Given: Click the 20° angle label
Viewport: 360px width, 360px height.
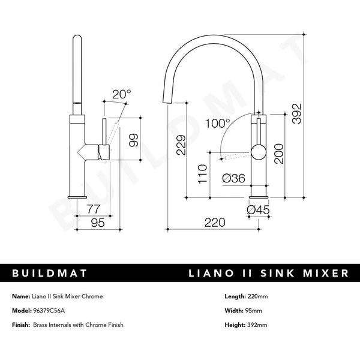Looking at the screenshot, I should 122,94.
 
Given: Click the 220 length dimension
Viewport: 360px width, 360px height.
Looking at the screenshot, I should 214,223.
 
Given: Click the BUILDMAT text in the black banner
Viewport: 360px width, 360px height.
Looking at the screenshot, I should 50,274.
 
